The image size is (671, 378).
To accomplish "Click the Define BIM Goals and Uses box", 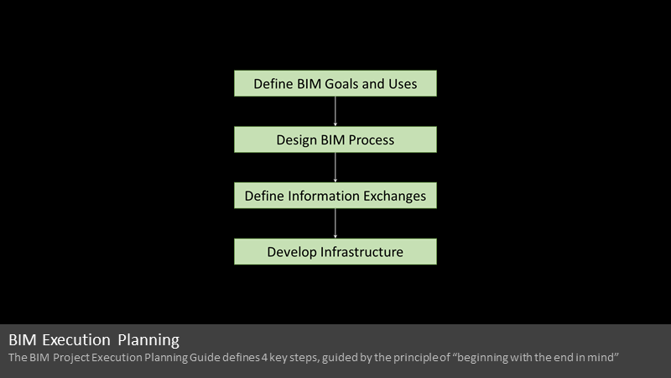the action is pyautogui.click(x=335, y=83).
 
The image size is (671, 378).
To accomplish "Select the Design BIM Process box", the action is pyautogui.click(x=335, y=139).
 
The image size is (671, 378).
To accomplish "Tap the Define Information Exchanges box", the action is pyautogui.click(x=335, y=196).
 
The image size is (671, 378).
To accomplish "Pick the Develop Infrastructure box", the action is pyautogui.click(x=335, y=251).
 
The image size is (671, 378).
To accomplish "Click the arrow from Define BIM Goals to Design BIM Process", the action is pyautogui.click(x=335, y=112).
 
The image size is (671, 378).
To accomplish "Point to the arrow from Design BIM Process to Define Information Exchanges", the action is pyautogui.click(x=335, y=167).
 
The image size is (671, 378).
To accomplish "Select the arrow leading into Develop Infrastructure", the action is pyautogui.click(x=335, y=223).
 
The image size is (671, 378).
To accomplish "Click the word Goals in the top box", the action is pyautogui.click(x=341, y=84).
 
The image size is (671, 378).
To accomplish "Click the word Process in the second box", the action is pyautogui.click(x=372, y=140).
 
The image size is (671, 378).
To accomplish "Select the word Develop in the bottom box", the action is pyautogui.click(x=292, y=253).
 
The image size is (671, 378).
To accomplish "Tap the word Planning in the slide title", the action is pyautogui.click(x=148, y=340).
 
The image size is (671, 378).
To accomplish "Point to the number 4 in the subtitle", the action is pyautogui.click(x=264, y=358).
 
